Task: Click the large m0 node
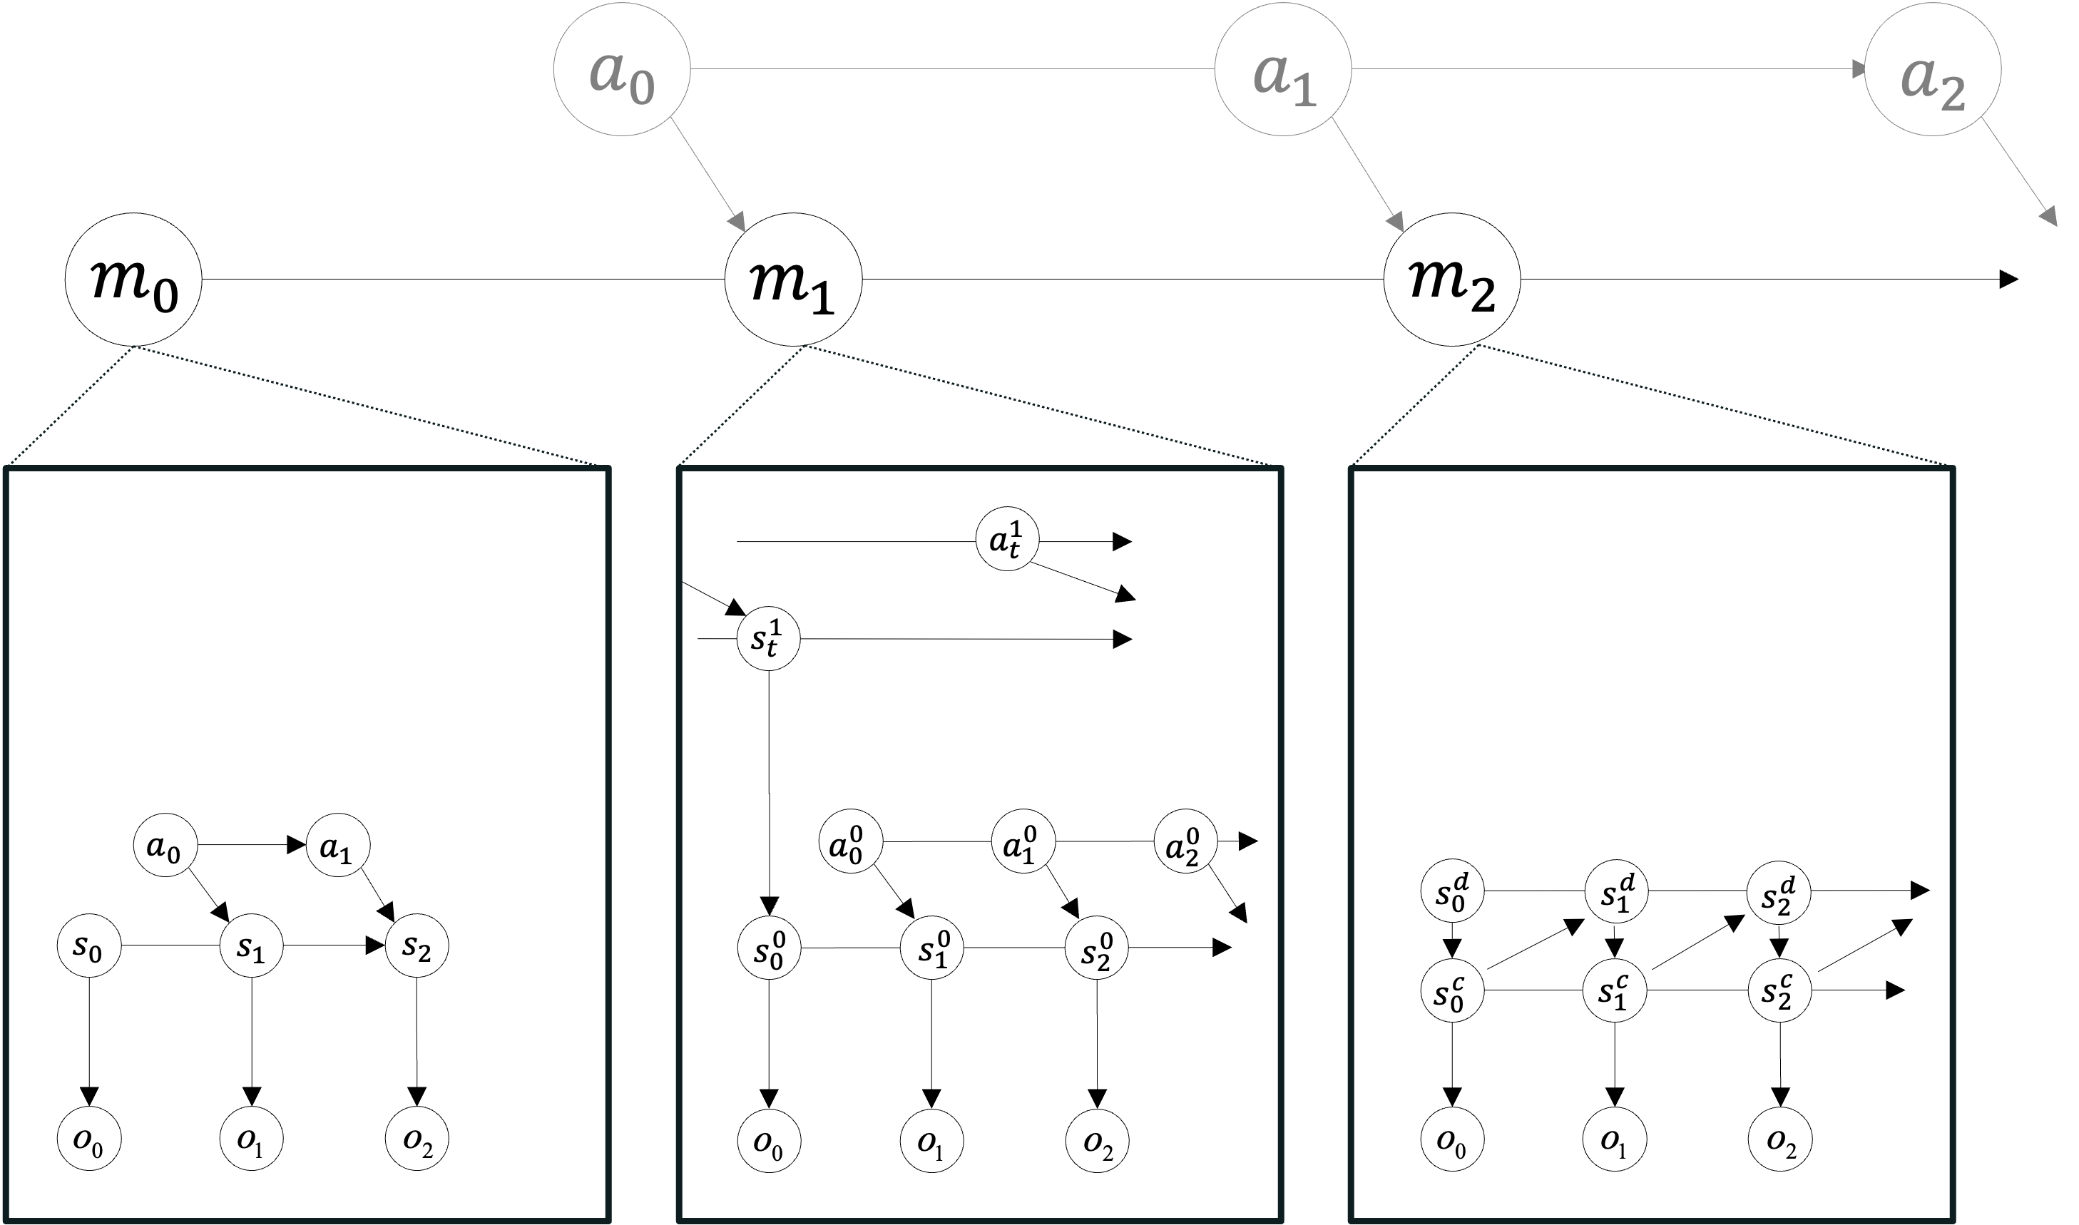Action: [x=133, y=280]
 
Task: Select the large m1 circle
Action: [x=792, y=280]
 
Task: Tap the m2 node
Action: [x=1451, y=280]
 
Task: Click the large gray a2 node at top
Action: [x=1933, y=68]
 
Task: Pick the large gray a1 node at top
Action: [x=1283, y=68]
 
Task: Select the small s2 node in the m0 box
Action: [x=417, y=945]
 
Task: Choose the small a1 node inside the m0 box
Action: [x=337, y=844]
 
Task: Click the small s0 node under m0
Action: [x=89, y=945]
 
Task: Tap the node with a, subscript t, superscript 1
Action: [x=1007, y=540]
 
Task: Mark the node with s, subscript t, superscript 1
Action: [x=768, y=638]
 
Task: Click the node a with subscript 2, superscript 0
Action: [x=1185, y=842]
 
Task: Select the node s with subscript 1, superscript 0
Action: [x=932, y=948]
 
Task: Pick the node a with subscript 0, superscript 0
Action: [x=850, y=842]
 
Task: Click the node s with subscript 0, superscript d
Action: [x=1452, y=891]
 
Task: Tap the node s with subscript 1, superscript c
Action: [x=1615, y=990]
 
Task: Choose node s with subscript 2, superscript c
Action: [x=1779, y=990]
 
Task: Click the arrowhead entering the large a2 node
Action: [x=1859, y=69]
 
